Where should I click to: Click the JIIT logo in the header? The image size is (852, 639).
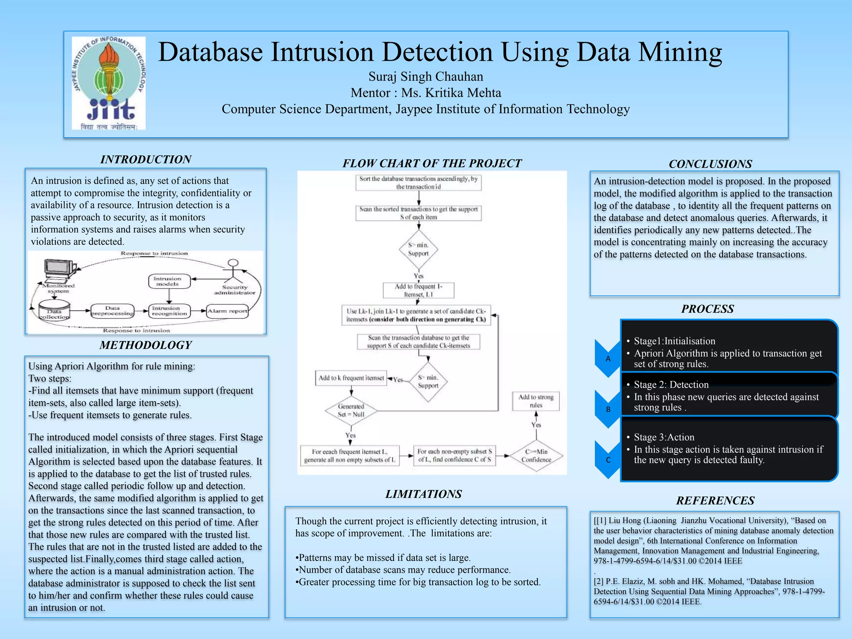(109, 83)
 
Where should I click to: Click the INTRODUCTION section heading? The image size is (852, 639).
(146, 159)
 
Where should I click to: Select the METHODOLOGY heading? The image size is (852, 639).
(146, 345)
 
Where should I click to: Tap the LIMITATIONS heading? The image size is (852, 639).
(424, 494)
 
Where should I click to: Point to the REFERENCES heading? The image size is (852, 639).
(715, 500)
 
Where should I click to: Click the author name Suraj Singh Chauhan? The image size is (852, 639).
(426, 77)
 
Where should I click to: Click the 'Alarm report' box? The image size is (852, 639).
(227, 311)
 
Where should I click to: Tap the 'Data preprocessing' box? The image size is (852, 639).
(112, 311)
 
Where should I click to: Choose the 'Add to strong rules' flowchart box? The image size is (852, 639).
(536, 401)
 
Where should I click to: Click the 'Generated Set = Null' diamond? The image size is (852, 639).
(351, 411)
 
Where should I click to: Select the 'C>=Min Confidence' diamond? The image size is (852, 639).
(536, 456)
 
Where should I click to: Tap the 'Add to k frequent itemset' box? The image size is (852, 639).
(351, 378)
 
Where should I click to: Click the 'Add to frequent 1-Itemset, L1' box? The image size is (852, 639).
(419, 290)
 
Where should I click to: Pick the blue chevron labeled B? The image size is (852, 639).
(608, 409)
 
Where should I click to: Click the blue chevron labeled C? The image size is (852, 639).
(608, 460)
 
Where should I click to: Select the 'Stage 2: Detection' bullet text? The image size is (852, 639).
(671, 385)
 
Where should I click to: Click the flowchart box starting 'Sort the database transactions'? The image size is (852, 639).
(419, 183)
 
